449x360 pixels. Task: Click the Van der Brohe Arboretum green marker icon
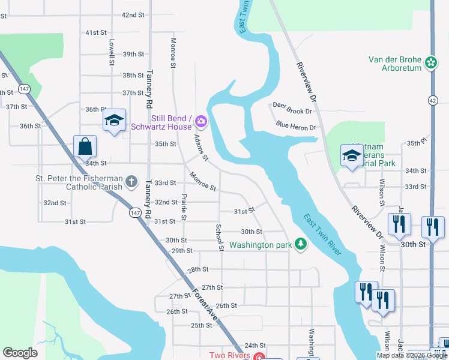[430, 62]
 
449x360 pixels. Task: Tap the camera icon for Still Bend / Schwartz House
[200, 122]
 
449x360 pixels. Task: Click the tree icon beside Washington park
[301, 244]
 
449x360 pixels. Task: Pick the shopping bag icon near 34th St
[85, 146]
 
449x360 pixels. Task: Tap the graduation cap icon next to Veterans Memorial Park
[351, 156]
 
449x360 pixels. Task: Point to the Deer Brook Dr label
[292, 107]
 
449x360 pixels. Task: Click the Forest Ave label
[205, 306]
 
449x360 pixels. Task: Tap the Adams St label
[200, 148]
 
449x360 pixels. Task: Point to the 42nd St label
[133, 14]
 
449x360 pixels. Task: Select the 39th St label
[133, 54]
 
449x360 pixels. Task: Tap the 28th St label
[197, 270]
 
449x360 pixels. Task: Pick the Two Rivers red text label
[229, 355]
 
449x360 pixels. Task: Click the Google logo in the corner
[20, 353]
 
